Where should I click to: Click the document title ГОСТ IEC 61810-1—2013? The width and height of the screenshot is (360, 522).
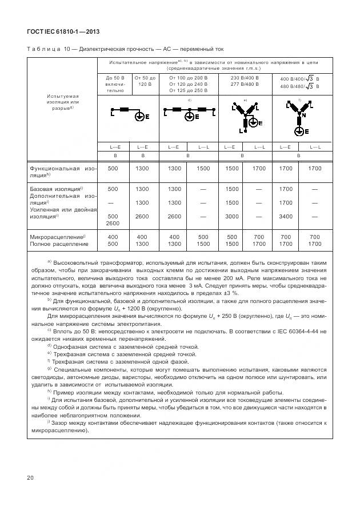pyautogui.click(x=64, y=32)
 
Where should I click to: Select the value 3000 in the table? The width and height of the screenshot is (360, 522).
pyautogui.click(x=231, y=217)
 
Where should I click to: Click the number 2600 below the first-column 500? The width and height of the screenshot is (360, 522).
pyautogui.click(x=113, y=224)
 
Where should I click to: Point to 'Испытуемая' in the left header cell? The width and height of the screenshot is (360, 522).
pyautogui.click(x=62, y=96)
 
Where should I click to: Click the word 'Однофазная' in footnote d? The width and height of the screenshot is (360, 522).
pyautogui.click(x=70, y=346)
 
